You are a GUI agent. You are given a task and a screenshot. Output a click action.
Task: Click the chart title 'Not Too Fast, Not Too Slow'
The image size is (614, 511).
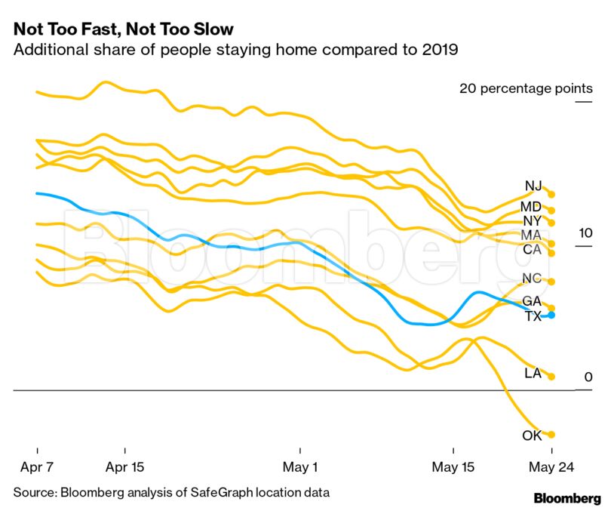[x=123, y=29]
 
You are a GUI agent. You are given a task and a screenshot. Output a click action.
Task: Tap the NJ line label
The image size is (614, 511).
[x=533, y=186]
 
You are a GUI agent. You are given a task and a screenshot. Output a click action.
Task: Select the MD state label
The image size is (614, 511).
[x=531, y=207]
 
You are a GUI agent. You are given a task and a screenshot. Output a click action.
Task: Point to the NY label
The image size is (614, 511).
[x=532, y=220]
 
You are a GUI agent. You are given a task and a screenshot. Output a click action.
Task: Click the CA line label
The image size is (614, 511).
[x=532, y=249]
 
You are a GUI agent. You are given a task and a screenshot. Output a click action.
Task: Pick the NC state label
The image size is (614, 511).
[x=532, y=279]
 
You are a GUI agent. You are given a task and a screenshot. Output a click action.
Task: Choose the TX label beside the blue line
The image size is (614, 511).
[x=533, y=316]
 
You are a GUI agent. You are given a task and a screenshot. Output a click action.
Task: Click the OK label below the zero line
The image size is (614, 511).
[x=532, y=435]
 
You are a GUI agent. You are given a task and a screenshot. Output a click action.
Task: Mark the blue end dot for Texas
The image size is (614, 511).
[x=551, y=315]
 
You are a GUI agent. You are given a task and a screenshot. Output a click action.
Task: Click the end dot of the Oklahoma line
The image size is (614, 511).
[x=551, y=435]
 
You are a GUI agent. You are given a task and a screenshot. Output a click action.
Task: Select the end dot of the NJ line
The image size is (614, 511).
[x=551, y=195]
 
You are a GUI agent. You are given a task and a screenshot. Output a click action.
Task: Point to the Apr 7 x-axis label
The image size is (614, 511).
[x=37, y=467]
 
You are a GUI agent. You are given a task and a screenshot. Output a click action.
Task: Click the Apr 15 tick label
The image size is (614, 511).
[x=125, y=467]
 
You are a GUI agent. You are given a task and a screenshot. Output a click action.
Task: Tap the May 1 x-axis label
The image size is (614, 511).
[x=300, y=467]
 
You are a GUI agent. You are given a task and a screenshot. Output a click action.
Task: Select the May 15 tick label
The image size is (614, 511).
[x=453, y=467]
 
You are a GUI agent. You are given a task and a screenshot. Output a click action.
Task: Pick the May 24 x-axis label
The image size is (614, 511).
[x=551, y=467]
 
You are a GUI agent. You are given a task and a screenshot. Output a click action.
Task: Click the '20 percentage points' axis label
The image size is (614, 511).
[x=526, y=89]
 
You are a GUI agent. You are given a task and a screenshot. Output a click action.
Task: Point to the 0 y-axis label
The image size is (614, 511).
[x=588, y=377]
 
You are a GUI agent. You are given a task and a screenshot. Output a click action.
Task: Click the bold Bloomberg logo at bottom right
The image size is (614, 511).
[x=567, y=498]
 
